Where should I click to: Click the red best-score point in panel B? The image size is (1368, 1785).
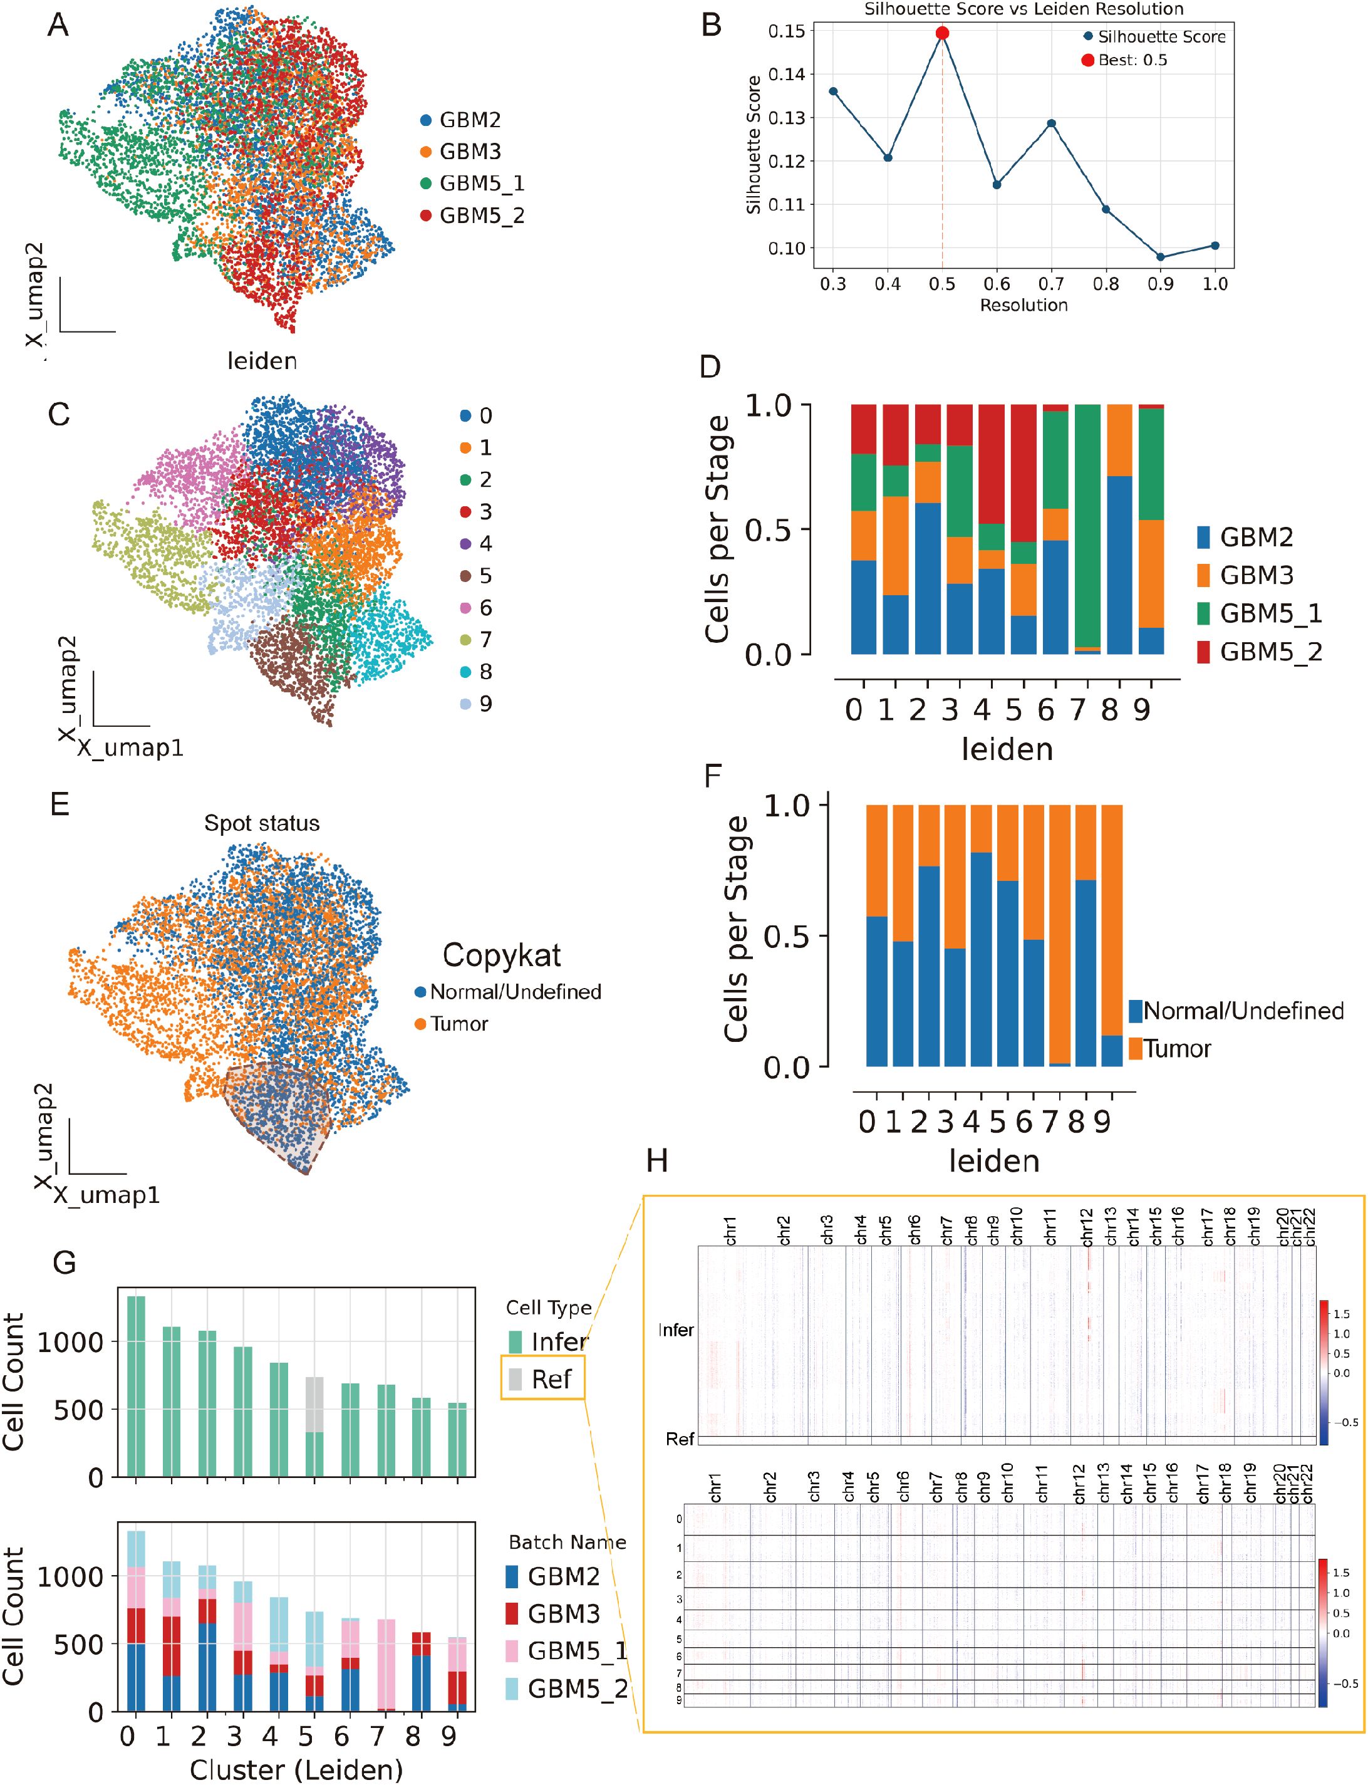[x=942, y=33]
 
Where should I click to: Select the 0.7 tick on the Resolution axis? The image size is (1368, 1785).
[x=1051, y=284]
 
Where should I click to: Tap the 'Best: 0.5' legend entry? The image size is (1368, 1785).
[x=1132, y=60]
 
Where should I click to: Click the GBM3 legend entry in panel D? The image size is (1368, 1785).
[x=1257, y=576]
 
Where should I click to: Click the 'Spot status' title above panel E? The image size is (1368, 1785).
[x=261, y=823]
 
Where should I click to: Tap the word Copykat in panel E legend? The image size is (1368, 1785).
[x=502, y=955]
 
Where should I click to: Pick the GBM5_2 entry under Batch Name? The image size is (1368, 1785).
[x=576, y=1689]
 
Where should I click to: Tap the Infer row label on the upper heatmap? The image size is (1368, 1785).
[x=676, y=1330]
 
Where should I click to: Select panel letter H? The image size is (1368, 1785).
[x=657, y=1160]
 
